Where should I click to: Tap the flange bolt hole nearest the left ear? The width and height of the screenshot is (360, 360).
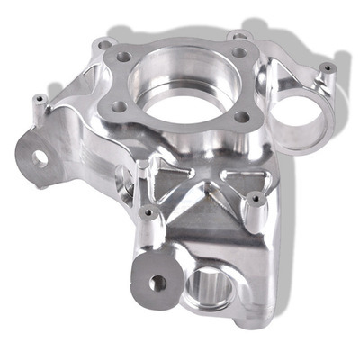coord(119,106)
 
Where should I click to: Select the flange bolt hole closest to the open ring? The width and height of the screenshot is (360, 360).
coord(241,116)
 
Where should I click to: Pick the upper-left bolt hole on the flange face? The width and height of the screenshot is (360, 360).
coord(123,57)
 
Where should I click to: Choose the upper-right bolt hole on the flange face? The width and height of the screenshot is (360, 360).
coord(238,52)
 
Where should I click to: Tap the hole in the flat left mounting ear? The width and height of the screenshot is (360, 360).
coord(40,157)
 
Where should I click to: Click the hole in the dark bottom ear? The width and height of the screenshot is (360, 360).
coord(157,283)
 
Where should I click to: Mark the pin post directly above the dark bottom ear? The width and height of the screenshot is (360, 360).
coord(148,215)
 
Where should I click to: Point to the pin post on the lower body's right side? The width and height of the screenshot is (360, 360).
coord(256,199)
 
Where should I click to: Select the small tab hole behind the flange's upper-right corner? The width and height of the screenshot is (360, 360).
coord(238,35)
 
